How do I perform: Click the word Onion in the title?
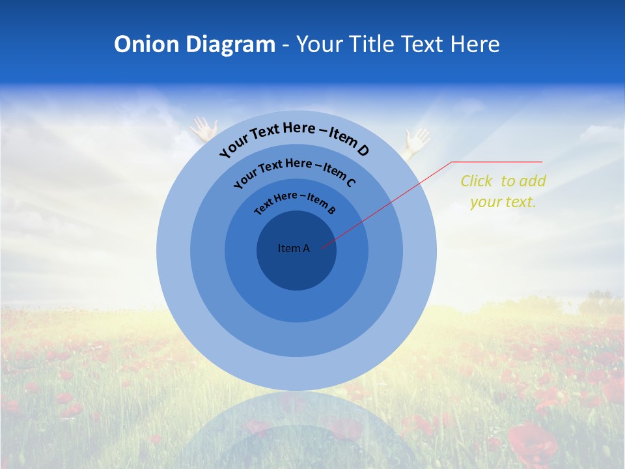point(146,44)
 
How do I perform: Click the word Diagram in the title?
point(230,44)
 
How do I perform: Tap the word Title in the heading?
point(372,44)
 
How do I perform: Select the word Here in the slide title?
point(473,44)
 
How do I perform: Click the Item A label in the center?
point(294,248)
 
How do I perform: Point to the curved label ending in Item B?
point(294,201)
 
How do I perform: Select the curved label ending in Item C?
point(294,173)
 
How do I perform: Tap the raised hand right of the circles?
point(415,141)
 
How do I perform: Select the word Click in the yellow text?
point(477,181)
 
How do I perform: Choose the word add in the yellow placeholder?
point(534,181)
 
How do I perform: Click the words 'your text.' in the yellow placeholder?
point(503,202)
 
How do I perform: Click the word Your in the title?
point(320,44)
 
